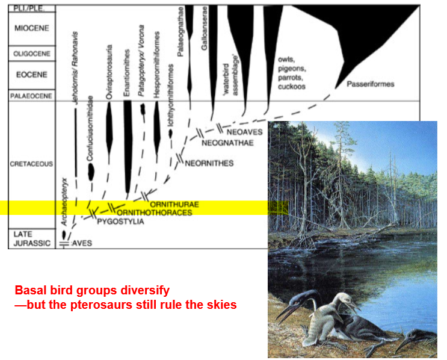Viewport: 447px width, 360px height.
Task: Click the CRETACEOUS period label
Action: (32, 164)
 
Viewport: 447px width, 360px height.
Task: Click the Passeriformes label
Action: (370, 84)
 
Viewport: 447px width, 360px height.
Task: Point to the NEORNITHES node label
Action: (209, 163)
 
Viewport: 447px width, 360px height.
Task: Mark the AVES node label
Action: (83, 243)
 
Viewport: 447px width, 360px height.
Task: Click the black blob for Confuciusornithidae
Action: (91, 172)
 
